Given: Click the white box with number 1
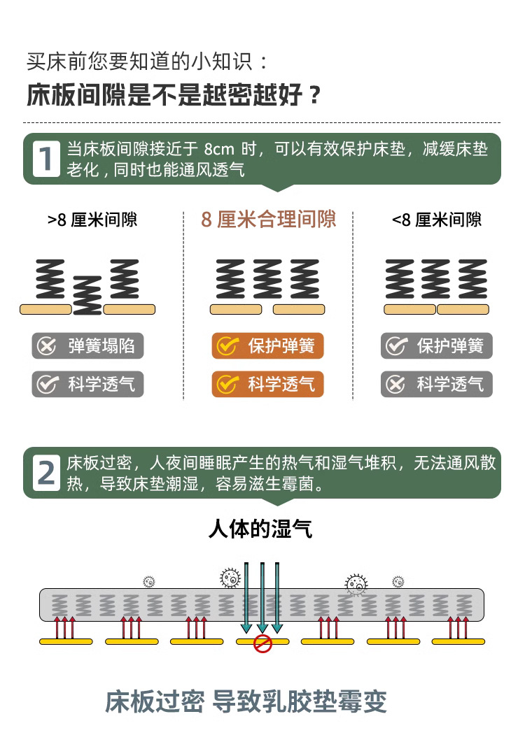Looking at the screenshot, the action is click(x=47, y=158).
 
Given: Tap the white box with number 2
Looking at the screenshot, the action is click(x=47, y=473).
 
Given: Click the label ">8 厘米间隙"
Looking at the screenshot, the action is click(x=92, y=220).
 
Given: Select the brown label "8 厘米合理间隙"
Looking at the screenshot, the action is click(x=269, y=220).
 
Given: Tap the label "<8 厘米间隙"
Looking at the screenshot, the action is click(x=437, y=220).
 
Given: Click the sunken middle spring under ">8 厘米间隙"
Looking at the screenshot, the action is click(x=87, y=294).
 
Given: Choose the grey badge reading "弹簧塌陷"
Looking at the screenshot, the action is click(x=87, y=346).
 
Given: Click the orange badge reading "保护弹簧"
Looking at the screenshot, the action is click(x=268, y=346).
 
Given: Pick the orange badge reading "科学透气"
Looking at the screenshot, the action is click(x=268, y=384).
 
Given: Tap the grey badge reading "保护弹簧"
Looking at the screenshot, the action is click(x=437, y=346).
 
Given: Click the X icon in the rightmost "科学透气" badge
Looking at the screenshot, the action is click(x=396, y=384).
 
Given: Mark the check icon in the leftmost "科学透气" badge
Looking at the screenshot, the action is click(x=47, y=384).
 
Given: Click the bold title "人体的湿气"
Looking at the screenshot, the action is click(x=260, y=528).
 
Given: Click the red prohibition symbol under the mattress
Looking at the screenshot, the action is click(x=262, y=643).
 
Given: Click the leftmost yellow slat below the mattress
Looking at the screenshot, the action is click(x=66, y=641).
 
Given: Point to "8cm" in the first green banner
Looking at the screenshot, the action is click(x=219, y=150).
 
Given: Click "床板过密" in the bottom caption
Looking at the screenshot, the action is click(x=155, y=701).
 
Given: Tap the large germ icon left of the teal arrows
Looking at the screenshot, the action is click(x=230, y=578).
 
